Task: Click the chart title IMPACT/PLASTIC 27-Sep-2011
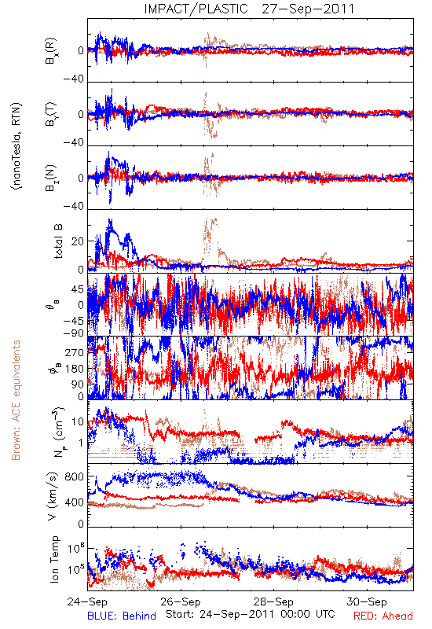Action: point(249,9)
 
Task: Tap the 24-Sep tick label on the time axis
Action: point(87,601)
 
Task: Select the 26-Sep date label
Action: point(181,601)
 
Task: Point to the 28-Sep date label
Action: point(273,601)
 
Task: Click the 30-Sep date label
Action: point(367,601)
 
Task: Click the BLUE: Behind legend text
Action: point(122,616)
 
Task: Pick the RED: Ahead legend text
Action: point(383,616)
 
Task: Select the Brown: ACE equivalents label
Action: point(16,400)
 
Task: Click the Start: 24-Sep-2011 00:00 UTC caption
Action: point(251,614)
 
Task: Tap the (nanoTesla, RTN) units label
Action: point(16,146)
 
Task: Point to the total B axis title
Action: point(58,241)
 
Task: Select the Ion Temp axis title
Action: point(54,559)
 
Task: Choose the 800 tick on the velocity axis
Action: point(75,476)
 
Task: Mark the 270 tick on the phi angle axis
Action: point(75,352)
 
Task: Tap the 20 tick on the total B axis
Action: point(77,241)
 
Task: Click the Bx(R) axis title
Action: point(51,51)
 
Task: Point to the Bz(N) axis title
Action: point(51,178)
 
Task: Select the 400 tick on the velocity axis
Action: point(75,502)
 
